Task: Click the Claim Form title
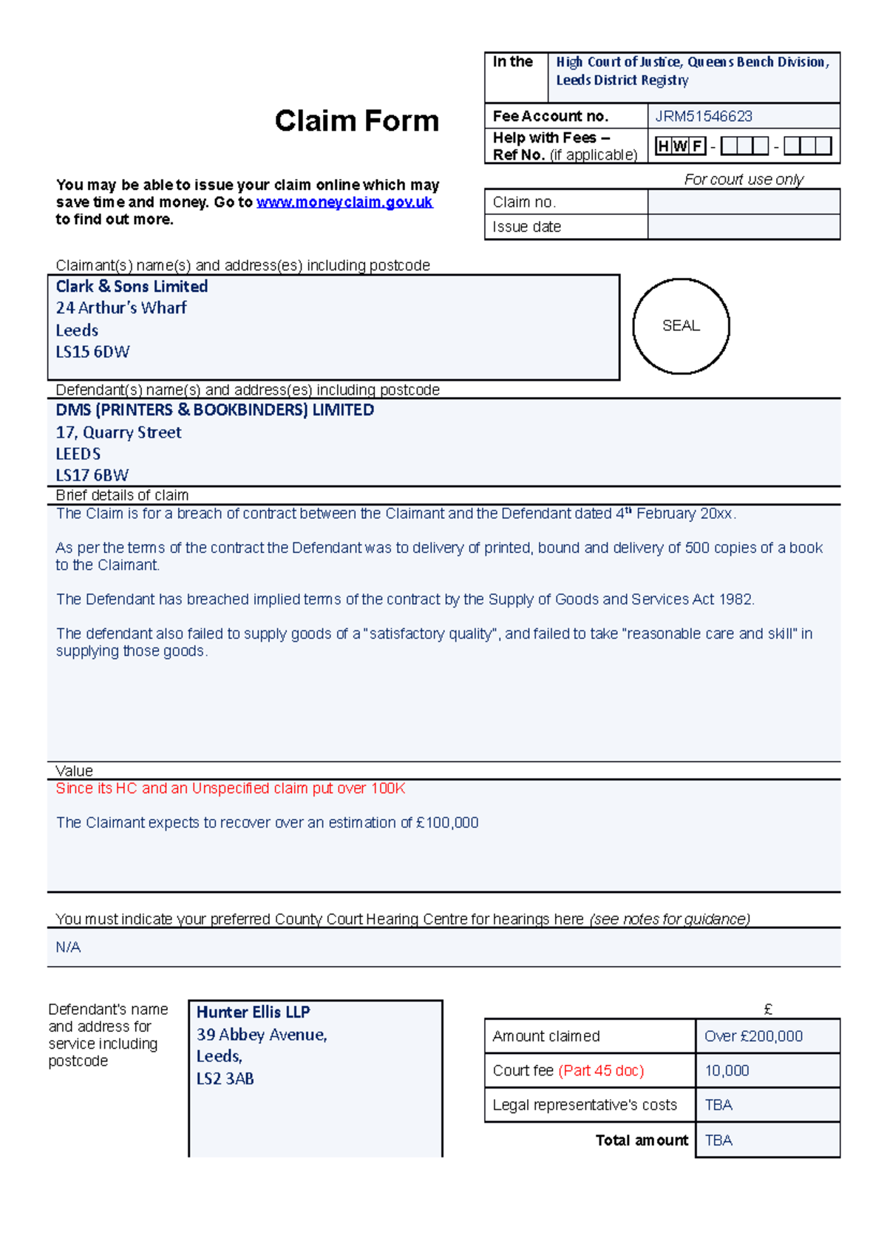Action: (356, 121)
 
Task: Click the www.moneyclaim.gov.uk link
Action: (344, 203)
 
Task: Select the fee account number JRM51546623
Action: (703, 116)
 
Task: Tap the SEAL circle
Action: (681, 326)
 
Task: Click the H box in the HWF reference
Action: (662, 146)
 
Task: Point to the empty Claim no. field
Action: (743, 202)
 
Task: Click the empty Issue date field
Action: (743, 227)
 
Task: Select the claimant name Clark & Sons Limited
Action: (132, 287)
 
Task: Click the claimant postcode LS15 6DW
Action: (92, 352)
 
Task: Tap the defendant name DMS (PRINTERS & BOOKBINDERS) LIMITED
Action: (214, 410)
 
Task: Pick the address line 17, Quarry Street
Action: (118, 432)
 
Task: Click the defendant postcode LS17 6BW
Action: (92, 475)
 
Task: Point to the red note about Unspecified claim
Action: (230, 789)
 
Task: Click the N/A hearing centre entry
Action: (68, 948)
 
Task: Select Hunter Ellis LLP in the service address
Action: (253, 1013)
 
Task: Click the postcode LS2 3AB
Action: (225, 1079)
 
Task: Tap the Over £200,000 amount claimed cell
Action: (753, 1036)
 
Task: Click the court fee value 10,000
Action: (727, 1071)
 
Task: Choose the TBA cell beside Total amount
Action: (718, 1140)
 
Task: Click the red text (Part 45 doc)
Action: (601, 1071)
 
